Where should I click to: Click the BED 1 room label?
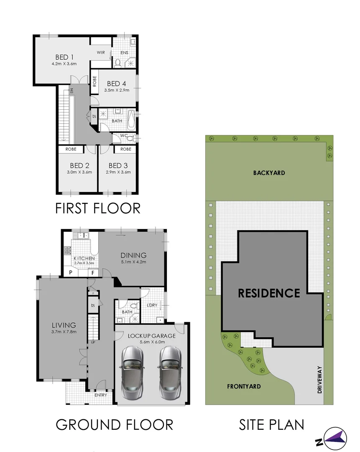click(x=65, y=57)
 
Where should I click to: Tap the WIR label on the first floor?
click(x=101, y=52)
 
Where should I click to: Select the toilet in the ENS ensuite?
click(x=118, y=63)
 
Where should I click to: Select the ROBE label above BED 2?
click(x=71, y=149)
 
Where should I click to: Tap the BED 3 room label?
click(x=118, y=165)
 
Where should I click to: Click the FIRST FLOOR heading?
click(x=98, y=208)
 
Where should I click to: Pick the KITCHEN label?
click(x=84, y=258)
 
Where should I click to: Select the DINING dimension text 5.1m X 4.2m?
click(x=133, y=262)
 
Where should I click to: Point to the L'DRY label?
click(x=152, y=305)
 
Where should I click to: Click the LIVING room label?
click(x=64, y=325)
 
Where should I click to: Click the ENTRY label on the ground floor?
click(x=101, y=395)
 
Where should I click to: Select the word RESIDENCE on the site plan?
click(x=269, y=293)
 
